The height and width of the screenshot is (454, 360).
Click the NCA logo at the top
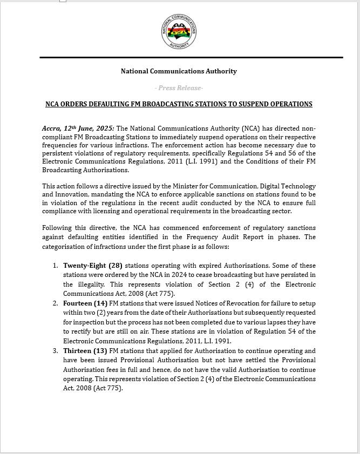point(179,32)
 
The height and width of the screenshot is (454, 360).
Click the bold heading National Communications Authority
point(179,71)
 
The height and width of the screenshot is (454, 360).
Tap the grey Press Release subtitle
point(179,88)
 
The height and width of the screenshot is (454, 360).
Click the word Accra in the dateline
point(51,128)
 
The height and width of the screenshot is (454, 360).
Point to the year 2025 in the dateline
point(104,128)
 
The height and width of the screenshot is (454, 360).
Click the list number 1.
point(55,266)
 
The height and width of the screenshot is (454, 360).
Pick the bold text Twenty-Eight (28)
point(93,266)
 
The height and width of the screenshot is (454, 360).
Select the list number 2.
point(55,303)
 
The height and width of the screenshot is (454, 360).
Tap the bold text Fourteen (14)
point(85,303)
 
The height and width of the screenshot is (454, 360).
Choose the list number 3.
point(55,351)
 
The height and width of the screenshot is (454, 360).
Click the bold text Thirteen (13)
point(85,351)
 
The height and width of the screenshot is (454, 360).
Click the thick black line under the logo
point(191,57)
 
